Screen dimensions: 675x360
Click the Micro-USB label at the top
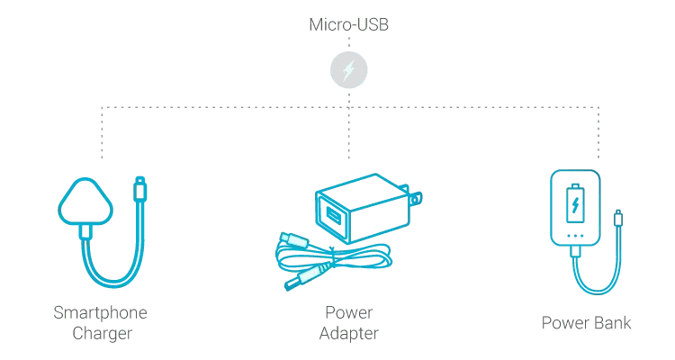click(x=348, y=24)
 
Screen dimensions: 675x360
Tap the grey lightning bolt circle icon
click(x=348, y=70)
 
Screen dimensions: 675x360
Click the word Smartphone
click(x=100, y=312)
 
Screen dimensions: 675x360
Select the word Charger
click(x=102, y=333)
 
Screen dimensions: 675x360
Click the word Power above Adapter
click(x=348, y=312)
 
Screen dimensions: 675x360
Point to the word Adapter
click(x=348, y=333)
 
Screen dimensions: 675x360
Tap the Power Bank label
click(x=586, y=323)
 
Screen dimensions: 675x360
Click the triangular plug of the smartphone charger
click(x=85, y=202)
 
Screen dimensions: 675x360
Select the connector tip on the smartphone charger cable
click(x=139, y=189)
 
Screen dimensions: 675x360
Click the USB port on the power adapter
click(x=333, y=214)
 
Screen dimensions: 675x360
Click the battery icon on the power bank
click(x=575, y=204)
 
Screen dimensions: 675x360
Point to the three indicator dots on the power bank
click(x=575, y=236)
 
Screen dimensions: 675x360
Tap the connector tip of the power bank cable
click(x=618, y=218)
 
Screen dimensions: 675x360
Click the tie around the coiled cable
click(x=332, y=257)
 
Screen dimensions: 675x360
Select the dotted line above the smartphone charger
click(x=102, y=132)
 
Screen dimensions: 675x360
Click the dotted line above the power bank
click(x=598, y=132)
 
